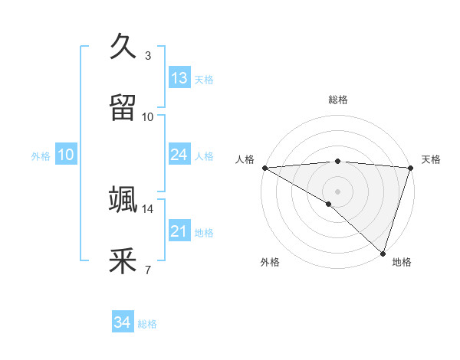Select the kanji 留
click(x=123, y=107)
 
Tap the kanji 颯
click(x=123, y=199)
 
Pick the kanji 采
click(x=123, y=260)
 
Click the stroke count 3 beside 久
click(x=148, y=55)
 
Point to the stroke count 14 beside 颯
click(x=147, y=208)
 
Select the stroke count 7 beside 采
click(x=148, y=270)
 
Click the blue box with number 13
click(x=179, y=78)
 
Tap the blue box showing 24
click(x=179, y=155)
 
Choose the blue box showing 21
click(x=179, y=231)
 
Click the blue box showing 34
click(x=122, y=322)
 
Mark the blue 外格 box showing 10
click(x=66, y=155)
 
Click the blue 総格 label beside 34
click(x=147, y=324)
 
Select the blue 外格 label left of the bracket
click(x=41, y=156)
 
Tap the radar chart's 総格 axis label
click(x=338, y=100)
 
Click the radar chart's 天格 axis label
click(x=431, y=159)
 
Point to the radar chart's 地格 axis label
click(x=402, y=262)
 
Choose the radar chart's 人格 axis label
click(x=245, y=159)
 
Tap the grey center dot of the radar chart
click(x=338, y=191)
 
